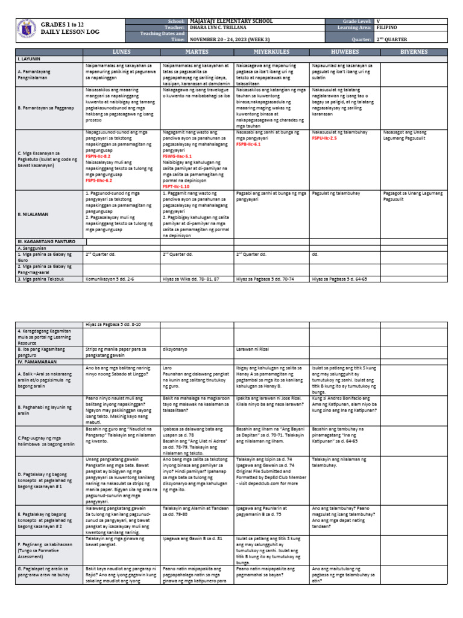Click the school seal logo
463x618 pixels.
pyautogui.click(x=25, y=30)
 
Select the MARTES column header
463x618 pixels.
pyautogui.click(x=197, y=53)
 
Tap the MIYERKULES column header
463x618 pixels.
pyautogui.click(x=271, y=53)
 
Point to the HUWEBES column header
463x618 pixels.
pyautogui.click(x=345, y=53)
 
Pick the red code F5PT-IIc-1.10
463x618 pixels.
pyautogui.click(x=179, y=186)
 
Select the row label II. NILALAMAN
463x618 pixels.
pyautogui.click(x=30, y=214)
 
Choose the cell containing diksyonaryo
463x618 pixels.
pyautogui.click(x=175, y=348)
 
